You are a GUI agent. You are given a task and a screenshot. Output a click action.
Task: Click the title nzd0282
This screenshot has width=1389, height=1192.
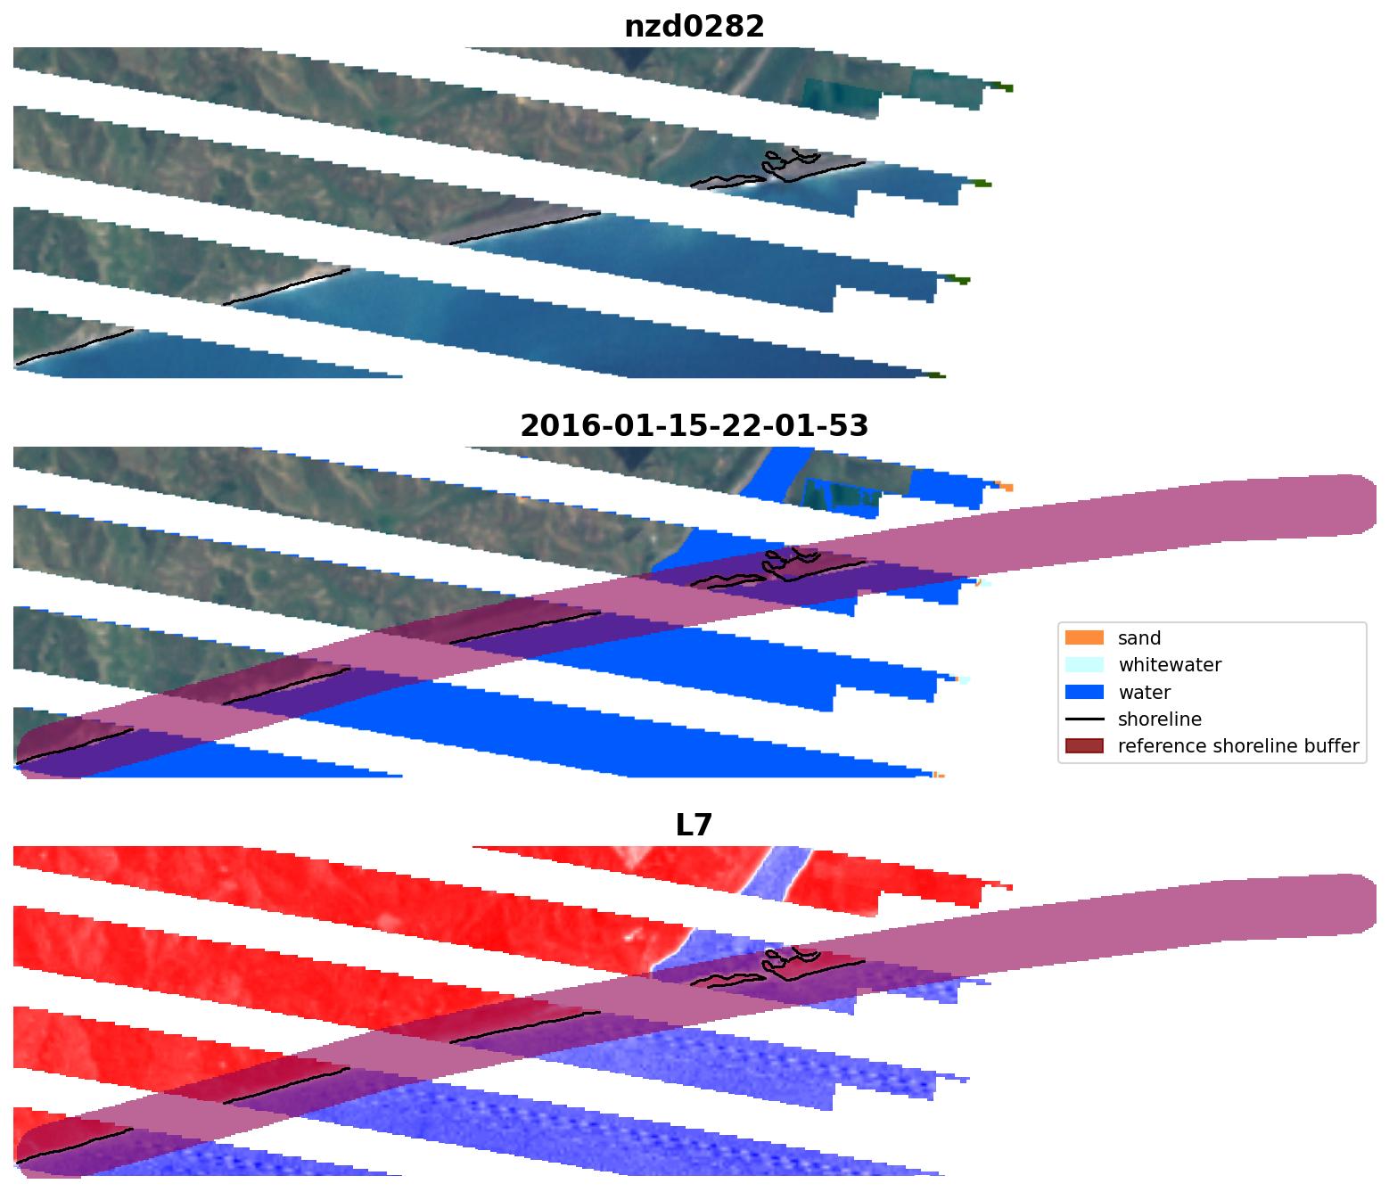tap(694, 27)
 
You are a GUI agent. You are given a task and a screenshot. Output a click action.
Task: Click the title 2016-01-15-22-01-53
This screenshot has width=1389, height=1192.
tap(694, 426)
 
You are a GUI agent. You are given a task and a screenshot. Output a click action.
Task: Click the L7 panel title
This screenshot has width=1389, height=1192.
tap(694, 826)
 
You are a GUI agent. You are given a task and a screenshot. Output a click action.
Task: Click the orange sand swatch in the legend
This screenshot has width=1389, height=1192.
tap(1084, 637)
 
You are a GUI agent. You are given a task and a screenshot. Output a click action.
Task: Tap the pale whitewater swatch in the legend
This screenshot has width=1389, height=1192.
tap(1084, 664)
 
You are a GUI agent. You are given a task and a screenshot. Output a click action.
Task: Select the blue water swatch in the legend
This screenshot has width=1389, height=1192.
tap(1084, 692)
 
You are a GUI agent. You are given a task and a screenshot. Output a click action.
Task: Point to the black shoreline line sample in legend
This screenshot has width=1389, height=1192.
tap(1084, 719)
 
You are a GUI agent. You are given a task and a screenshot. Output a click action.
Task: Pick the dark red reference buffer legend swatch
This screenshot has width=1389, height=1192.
tap(1084, 745)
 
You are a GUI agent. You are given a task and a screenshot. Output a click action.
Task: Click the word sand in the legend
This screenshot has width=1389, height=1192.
tap(1139, 638)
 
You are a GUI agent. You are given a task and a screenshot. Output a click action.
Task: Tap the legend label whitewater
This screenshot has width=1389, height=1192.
tap(1170, 665)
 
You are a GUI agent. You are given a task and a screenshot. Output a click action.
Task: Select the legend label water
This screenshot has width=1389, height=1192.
tap(1144, 693)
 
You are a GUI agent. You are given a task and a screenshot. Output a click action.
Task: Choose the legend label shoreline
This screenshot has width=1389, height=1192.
tap(1159, 719)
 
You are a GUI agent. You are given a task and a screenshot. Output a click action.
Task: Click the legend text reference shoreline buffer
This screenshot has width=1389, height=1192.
tap(1238, 746)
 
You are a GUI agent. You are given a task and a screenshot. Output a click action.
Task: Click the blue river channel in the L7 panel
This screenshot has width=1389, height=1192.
tap(774, 874)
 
